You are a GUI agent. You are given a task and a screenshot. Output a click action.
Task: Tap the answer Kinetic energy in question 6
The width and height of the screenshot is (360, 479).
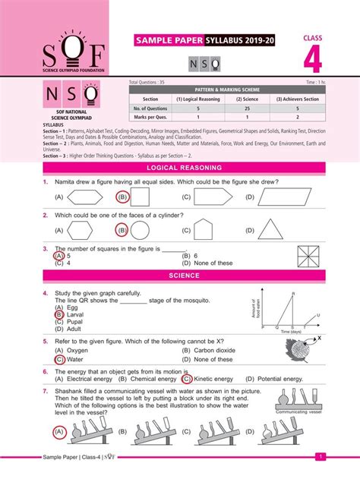[x=215, y=378]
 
